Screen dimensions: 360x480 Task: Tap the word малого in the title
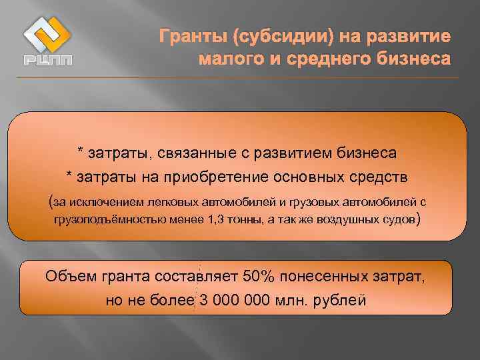coord(227,59)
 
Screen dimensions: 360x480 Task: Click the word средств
coord(382,177)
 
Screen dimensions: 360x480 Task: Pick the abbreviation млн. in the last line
coord(292,300)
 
